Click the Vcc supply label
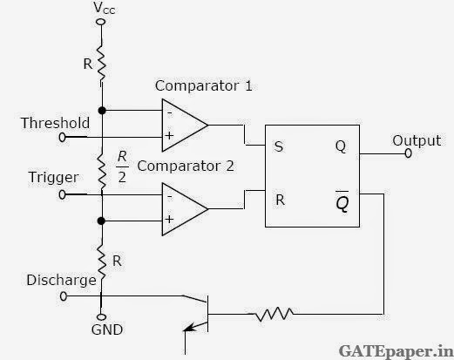(105, 8)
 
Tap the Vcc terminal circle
(101, 22)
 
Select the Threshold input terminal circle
(62, 137)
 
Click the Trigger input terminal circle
(62, 194)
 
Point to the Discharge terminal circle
(64, 296)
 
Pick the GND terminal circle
(101, 317)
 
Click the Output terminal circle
(408, 153)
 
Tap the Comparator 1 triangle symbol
(185, 126)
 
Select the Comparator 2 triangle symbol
(185, 209)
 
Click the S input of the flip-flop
(278, 146)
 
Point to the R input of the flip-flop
(280, 200)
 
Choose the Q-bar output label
(342, 201)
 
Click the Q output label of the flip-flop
(341, 146)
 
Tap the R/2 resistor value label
(122, 167)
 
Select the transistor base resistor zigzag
(274, 314)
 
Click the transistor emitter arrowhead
(188, 329)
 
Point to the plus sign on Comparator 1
(169, 135)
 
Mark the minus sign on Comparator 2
(170, 197)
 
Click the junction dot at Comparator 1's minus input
(102, 111)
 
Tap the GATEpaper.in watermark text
(396, 351)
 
